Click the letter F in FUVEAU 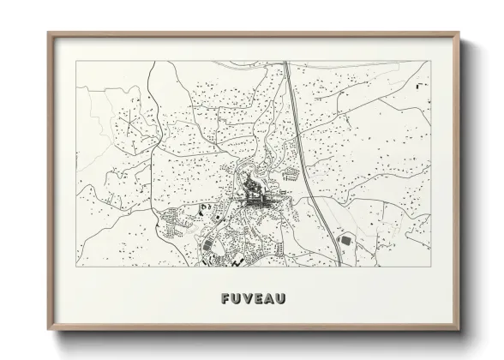(x=225, y=299)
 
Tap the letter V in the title (x=247, y=299)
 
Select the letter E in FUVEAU (x=258, y=299)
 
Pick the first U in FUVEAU (x=236, y=299)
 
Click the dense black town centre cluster (x=255, y=198)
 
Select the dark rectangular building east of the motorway (x=346, y=243)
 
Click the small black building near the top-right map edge (x=417, y=87)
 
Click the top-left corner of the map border (x=76, y=61)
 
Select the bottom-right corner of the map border (x=431, y=266)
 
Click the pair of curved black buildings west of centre (x=205, y=208)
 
